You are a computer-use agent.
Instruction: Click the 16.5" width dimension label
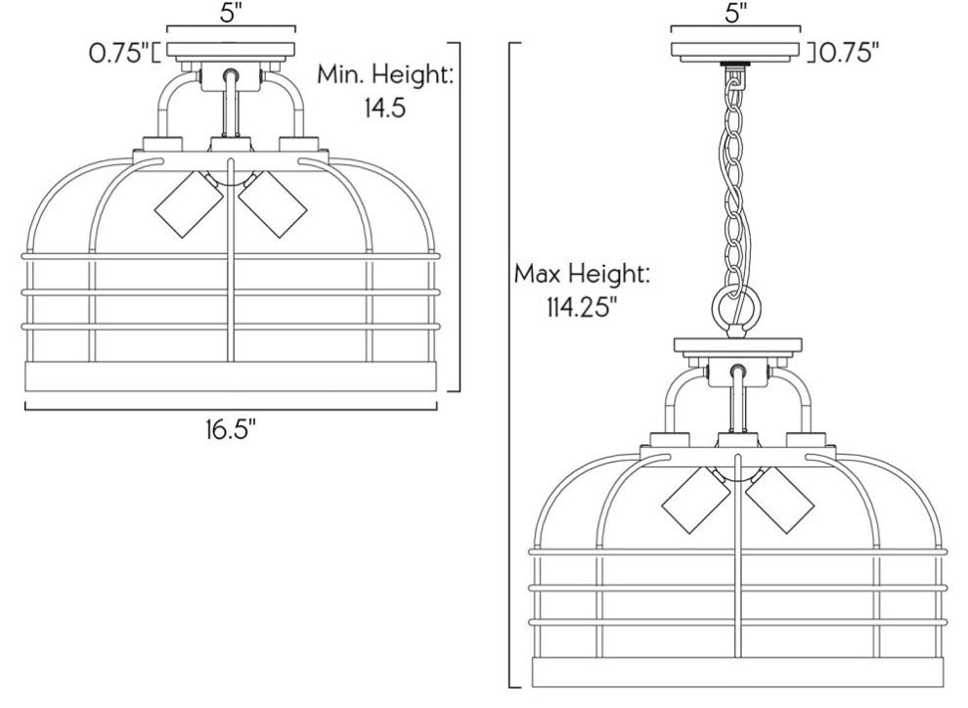click(x=231, y=429)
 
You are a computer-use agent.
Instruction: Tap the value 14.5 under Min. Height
click(x=384, y=108)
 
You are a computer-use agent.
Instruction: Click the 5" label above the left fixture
click(x=230, y=14)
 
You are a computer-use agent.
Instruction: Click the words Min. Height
click(x=385, y=75)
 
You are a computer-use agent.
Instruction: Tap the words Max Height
click(x=582, y=274)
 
